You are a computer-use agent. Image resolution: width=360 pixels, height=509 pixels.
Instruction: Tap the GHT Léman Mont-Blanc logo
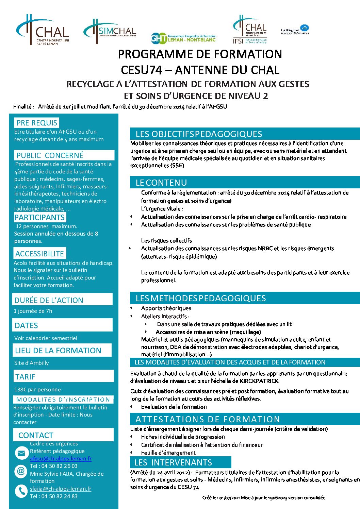point(183,38)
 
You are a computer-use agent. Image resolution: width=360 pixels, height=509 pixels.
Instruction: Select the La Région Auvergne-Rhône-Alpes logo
point(295,30)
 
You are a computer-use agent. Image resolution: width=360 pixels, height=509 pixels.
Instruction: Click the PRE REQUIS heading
point(37,123)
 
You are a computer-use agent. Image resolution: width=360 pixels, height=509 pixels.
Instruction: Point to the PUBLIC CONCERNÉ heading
point(50,155)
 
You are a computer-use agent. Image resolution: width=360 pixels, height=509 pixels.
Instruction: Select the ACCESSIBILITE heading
point(39,254)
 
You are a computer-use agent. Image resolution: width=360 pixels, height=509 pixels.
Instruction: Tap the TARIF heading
point(25,377)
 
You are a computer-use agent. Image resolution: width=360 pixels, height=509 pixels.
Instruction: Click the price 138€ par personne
point(37,390)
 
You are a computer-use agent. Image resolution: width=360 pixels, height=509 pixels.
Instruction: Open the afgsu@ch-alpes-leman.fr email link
point(61,458)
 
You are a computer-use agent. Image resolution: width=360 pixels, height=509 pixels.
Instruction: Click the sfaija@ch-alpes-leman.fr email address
point(61,489)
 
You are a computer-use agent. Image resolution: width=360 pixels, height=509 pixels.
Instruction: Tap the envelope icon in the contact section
point(21,453)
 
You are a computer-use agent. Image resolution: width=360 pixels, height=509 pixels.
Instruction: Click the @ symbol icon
point(21,471)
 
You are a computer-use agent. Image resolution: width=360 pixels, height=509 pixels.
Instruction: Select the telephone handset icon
point(21,491)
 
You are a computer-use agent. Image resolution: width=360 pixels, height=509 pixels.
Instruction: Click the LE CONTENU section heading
point(161,183)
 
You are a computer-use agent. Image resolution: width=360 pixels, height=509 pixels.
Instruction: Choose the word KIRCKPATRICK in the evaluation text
point(259,381)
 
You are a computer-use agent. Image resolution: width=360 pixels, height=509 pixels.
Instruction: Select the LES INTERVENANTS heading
point(173,462)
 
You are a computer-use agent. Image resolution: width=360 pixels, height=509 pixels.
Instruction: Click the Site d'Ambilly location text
point(32,363)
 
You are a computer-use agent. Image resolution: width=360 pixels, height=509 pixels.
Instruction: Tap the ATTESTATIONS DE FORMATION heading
point(208,419)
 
